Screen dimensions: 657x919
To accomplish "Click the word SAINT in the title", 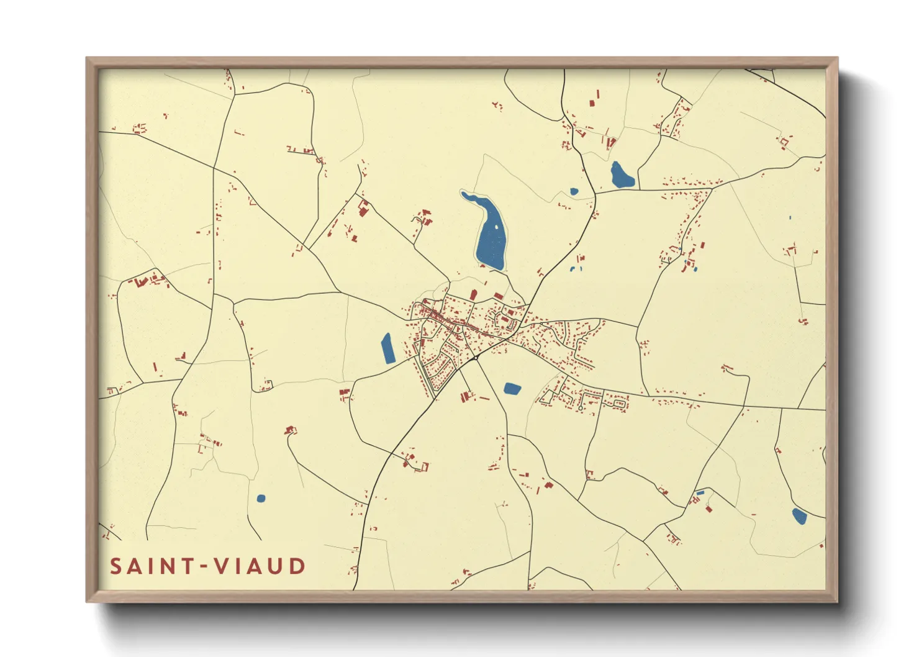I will (150, 566).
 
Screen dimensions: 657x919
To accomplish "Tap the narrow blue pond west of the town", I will (388, 348).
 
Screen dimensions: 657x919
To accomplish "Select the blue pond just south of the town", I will (512, 389).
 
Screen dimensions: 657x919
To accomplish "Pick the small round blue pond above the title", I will (261, 498).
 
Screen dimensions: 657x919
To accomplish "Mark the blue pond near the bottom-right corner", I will (799, 516).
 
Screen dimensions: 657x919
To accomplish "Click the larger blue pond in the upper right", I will (622, 176).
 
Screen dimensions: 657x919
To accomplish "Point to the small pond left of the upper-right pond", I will (574, 191).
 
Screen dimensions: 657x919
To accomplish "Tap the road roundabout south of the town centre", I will (475, 358).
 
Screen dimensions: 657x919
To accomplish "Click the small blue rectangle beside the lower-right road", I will (700, 492).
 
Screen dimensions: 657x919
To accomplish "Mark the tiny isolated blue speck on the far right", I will (790, 217).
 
